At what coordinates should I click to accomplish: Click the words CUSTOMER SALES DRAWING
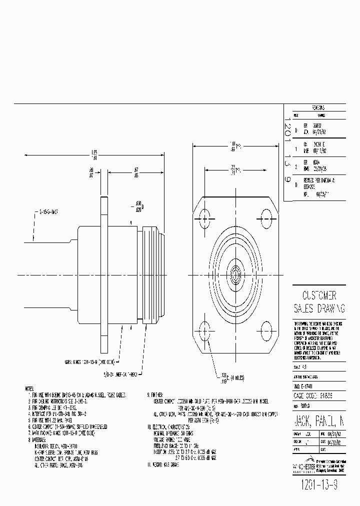(318, 301)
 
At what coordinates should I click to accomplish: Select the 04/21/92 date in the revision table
(319, 133)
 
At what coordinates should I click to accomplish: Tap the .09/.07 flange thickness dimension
(91, 172)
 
